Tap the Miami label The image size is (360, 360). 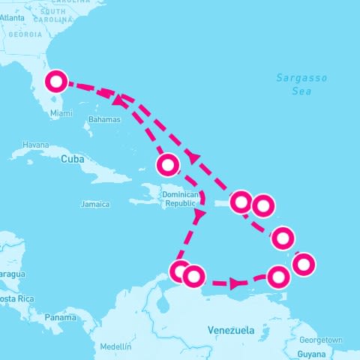click(61, 113)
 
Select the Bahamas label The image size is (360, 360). click(103, 119)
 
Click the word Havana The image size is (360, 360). click(35, 144)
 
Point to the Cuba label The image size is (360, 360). click(70, 159)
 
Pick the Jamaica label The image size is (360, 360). click(95, 204)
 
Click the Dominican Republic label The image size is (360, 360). click(179, 198)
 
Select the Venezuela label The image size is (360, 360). click(230, 330)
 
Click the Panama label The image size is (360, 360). click(60, 317)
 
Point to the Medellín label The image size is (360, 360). click(115, 346)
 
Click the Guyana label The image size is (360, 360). click(312, 354)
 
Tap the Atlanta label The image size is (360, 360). click(11, 16)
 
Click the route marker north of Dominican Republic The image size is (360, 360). click(168, 164)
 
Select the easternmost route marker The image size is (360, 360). click(304, 264)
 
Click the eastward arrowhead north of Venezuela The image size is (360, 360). click(237, 283)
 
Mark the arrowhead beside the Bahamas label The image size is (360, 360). click(118, 99)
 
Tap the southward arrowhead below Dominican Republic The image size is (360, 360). click(199, 215)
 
